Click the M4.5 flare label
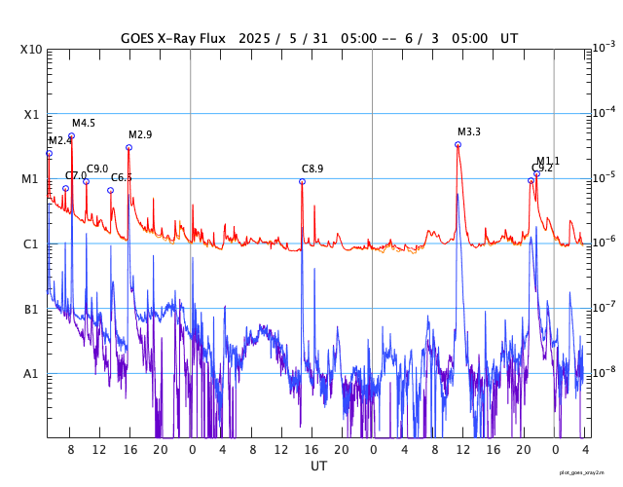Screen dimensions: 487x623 pyautogui.click(x=84, y=123)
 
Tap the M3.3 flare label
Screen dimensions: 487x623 pyautogui.click(x=469, y=131)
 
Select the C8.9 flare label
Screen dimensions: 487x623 pyautogui.click(x=312, y=169)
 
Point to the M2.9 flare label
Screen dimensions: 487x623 pyautogui.click(x=140, y=134)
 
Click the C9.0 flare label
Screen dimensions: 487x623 pyautogui.click(x=97, y=169)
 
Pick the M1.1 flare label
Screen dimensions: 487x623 pyautogui.click(x=548, y=161)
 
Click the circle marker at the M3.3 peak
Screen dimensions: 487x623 pyautogui.click(x=458, y=144)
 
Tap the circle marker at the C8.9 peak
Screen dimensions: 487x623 pyautogui.click(x=302, y=181)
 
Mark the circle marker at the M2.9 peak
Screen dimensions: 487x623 pyautogui.click(x=128, y=147)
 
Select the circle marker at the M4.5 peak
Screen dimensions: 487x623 pyautogui.click(x=71, y=135)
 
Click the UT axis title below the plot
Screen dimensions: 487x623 pyautogui.click(x=319, y=467)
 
